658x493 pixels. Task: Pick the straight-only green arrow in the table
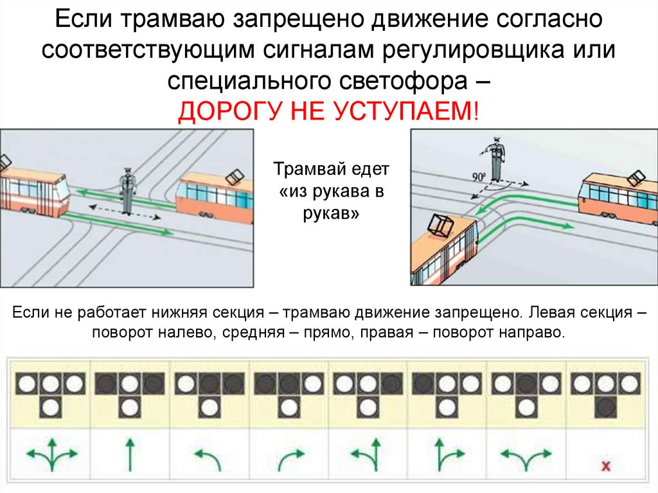(x=130, y=453)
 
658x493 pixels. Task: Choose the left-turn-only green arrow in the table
(x=209, y=458)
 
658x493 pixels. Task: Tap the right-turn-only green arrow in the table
(x=289, y=458)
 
